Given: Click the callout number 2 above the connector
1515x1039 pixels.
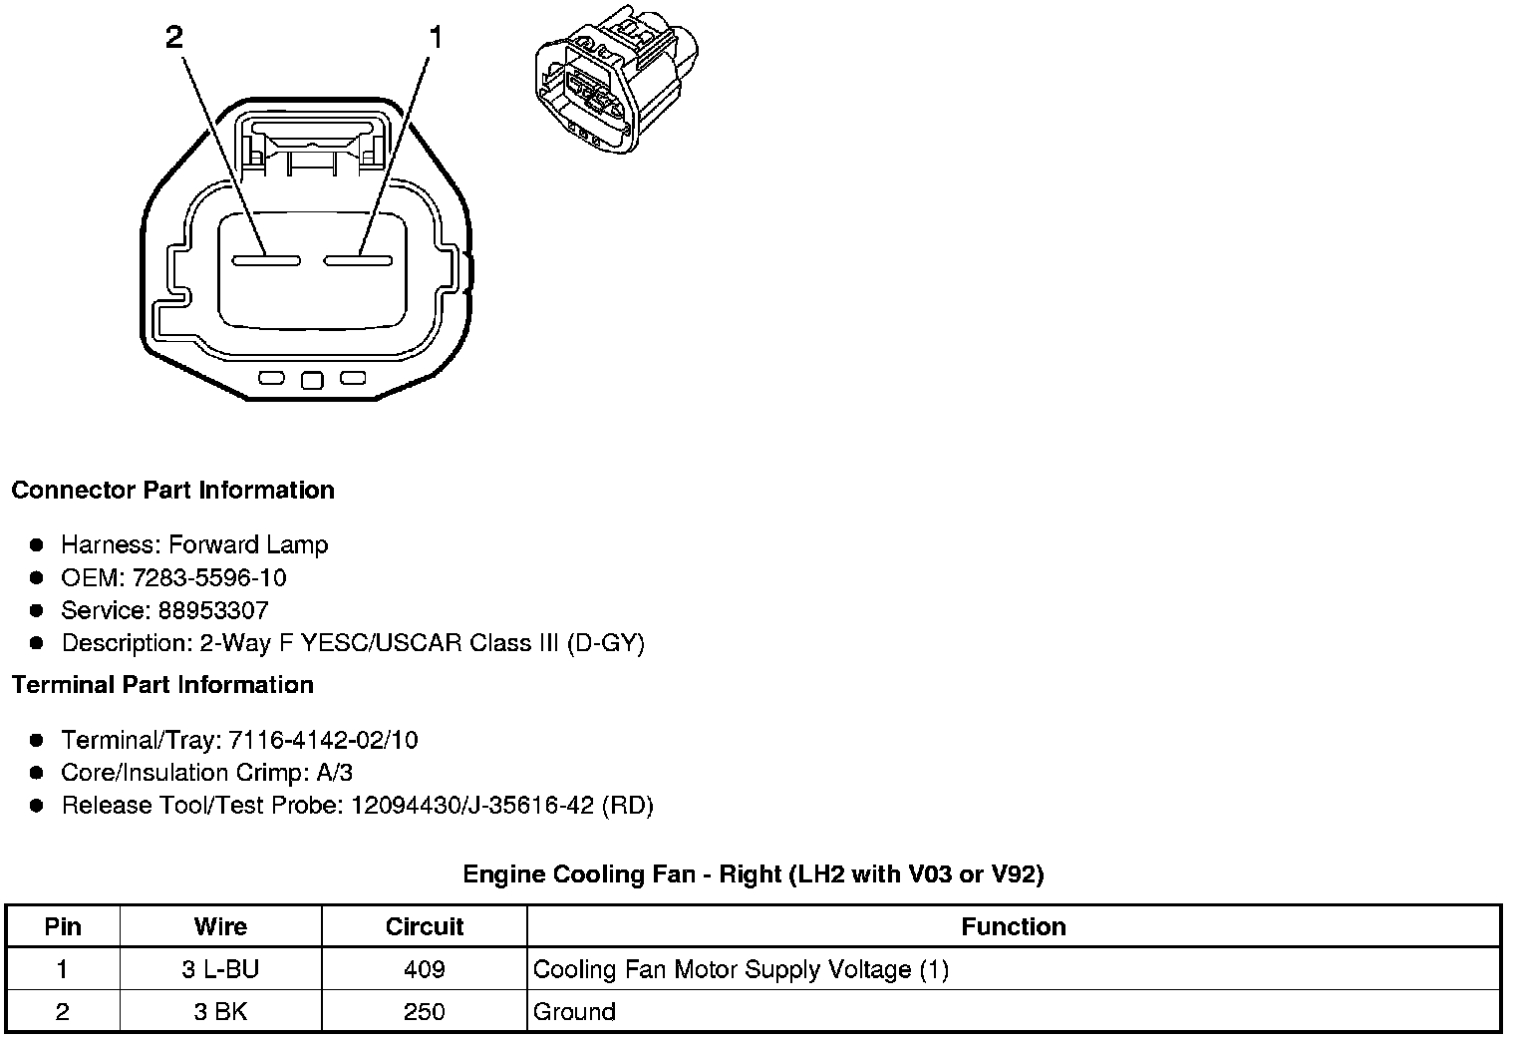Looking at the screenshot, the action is [x=174, y=38].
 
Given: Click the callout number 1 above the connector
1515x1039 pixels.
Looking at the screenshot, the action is [x=435, y=38].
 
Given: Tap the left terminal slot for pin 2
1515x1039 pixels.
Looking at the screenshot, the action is [x=266, y=260].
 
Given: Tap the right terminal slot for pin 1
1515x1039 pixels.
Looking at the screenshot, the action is [x=357, y=260].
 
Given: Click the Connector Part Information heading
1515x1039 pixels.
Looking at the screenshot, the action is [x=172, y=491].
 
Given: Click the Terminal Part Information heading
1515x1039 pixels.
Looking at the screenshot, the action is [x=162, y=685].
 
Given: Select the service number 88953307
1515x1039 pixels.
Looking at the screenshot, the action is [x=213, y=610].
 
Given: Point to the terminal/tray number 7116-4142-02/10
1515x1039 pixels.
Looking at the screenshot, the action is [x=323, y=740].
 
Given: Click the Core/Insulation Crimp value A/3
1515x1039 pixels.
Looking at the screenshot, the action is [x=332, y=773].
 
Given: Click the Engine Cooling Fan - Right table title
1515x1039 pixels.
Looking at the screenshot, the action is [x=753, y=874].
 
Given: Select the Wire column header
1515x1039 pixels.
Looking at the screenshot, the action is [x=220, y=926].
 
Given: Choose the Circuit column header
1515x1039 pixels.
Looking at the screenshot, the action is [x=425, y=926].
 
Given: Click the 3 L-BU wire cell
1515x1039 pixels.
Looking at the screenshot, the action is [x=220, y=969].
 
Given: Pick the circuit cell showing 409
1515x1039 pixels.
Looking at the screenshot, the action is [x=425, y=969].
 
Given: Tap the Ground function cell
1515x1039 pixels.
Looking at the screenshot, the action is [x=575, y=1012].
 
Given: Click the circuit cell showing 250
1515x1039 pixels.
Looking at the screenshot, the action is [x=425, y=1012].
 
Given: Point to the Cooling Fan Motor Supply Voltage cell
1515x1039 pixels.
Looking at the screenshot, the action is [x=741, y=969].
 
